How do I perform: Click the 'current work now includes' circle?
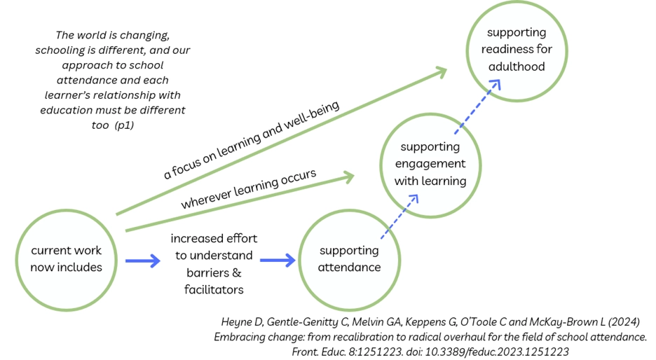tap(66, 259)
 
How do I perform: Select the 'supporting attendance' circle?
tap(349, 259)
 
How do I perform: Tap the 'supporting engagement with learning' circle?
tap(430, 164)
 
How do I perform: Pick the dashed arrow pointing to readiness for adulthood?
tap(479, 105)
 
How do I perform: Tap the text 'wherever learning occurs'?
tap(248, 188)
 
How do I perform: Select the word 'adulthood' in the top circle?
tap(517, 67)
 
